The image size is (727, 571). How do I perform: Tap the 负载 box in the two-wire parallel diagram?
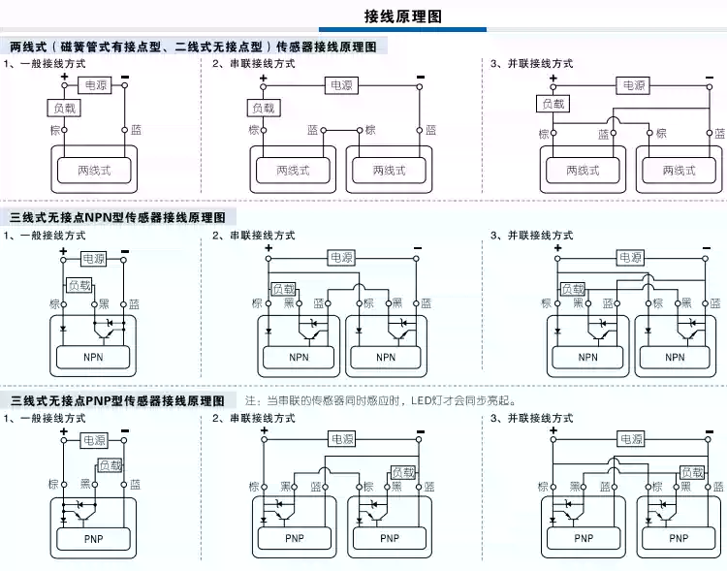(x=553, y=104)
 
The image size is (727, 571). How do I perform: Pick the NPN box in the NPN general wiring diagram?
(x=94, y=357)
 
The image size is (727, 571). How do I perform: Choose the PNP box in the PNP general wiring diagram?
(x=94, y=538)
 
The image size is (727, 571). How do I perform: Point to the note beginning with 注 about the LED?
(x=380, y=400)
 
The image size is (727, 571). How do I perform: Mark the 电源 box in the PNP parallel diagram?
(x=631, y=439)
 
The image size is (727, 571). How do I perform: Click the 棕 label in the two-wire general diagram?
(x=54, y=130)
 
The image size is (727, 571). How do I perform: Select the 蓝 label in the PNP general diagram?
(x=135, y=484)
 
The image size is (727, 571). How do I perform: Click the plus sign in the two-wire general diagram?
(x=64, y=76)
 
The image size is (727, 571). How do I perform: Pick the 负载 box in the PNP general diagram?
(x=110, y=466)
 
